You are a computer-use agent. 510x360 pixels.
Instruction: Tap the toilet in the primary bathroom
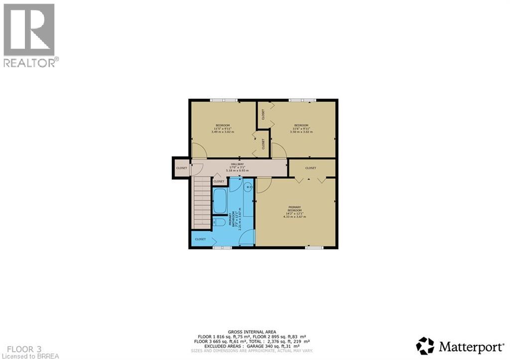pos(218,223)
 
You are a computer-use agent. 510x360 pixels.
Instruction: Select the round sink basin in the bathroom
pos(248,187)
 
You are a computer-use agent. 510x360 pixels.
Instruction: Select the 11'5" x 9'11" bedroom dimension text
pos(222,128)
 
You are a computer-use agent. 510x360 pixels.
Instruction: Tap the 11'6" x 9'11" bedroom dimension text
pos(301,128)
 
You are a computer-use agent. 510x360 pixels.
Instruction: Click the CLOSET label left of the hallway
pos(181,168)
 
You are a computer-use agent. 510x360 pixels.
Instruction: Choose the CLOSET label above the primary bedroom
pos(311,168)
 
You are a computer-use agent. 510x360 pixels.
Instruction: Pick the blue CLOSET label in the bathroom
pos(200,239)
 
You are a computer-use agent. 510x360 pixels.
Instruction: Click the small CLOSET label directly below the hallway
pos(219,181)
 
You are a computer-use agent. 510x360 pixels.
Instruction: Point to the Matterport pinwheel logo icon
pos(425,346)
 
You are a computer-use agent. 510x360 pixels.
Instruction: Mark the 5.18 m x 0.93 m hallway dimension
pos(237,171)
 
